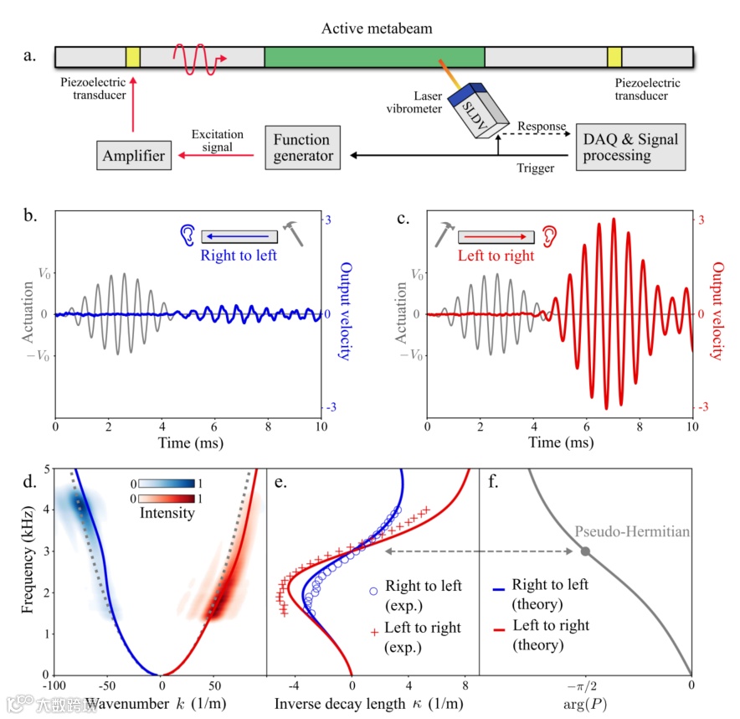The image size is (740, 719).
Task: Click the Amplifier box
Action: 133,155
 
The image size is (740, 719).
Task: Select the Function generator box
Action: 301,147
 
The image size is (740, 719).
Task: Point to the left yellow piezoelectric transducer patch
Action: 132,58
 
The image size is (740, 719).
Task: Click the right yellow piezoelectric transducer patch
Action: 614,58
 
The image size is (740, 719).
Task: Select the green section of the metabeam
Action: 374,58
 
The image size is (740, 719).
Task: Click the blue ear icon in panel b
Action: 188,234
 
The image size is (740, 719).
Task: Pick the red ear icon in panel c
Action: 549,234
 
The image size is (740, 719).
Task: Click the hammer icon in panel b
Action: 293,232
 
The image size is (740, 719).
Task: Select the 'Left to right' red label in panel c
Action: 496,256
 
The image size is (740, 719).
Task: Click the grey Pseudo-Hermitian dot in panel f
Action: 585,551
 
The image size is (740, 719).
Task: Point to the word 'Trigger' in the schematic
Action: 535,168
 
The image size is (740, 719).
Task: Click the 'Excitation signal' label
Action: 217,141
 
